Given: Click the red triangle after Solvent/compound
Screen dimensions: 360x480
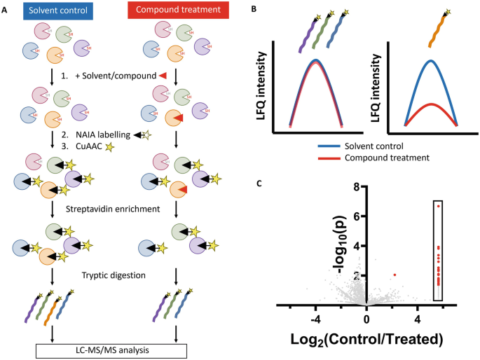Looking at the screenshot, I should (x=162, y=75).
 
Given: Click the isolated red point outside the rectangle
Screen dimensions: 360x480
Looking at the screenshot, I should (x=395, y=275).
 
